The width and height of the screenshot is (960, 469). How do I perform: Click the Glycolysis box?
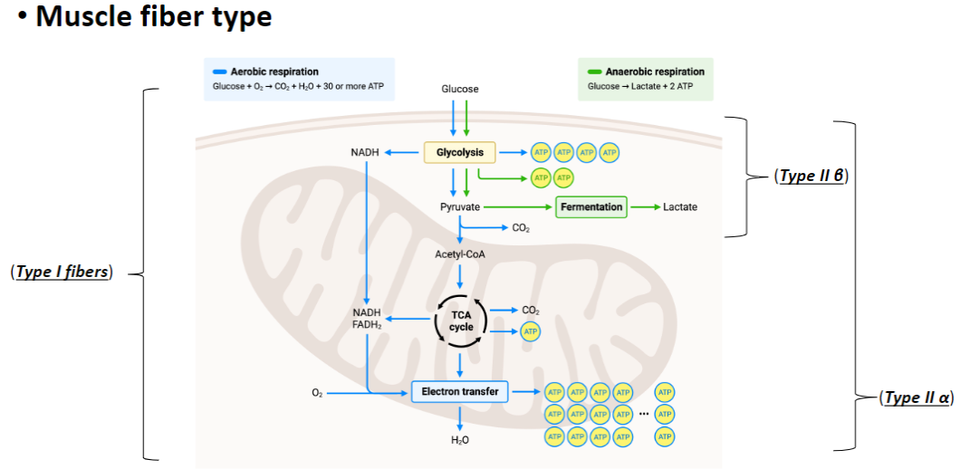coord(459,152)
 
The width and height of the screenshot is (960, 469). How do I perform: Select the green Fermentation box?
coord(591,206)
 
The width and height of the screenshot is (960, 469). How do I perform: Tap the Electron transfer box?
coord(459,392)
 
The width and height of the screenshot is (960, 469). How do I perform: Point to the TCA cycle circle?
coord(461,321)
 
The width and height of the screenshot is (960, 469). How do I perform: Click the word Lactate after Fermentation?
coord(679,206)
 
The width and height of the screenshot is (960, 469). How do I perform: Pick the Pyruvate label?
coord(459,206)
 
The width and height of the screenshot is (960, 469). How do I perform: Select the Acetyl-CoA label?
coord(459,254)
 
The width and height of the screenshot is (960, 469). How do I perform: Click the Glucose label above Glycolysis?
coord(459,89)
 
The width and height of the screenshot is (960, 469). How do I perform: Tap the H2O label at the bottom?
coord(459,440)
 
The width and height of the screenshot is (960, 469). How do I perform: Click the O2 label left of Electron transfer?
coord(317,393)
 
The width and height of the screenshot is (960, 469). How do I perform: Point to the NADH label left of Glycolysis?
coord(365,152)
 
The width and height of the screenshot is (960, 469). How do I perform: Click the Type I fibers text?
coord(62,272)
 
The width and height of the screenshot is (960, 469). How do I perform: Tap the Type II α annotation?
coord(917,397)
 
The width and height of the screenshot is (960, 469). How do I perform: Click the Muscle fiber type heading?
coord(153,18)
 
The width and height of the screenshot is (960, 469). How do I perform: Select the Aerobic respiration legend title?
coord(274,72)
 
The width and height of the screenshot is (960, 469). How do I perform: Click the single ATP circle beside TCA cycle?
coord(531,332)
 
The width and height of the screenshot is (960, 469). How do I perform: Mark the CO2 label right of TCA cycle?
coord(531,310)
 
